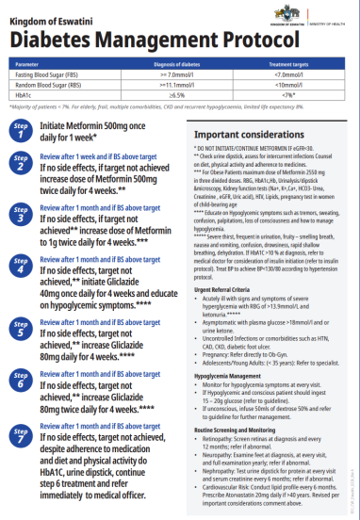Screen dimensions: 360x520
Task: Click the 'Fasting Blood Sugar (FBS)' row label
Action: (x=48, y=74)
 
